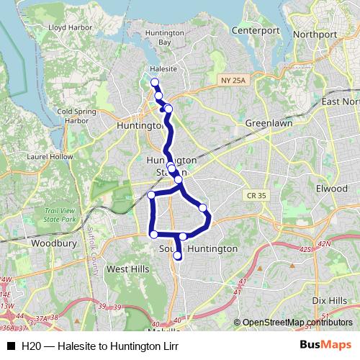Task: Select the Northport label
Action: [314, 34]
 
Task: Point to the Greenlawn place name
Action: [268, 123]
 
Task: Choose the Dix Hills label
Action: [330, 300]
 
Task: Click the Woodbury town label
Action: [53, 244]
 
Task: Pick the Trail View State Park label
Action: [59, 212]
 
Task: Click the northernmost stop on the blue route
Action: [154, 82]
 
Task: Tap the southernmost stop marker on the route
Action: [178, 256]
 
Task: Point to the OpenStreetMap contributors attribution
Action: [294, 323]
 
